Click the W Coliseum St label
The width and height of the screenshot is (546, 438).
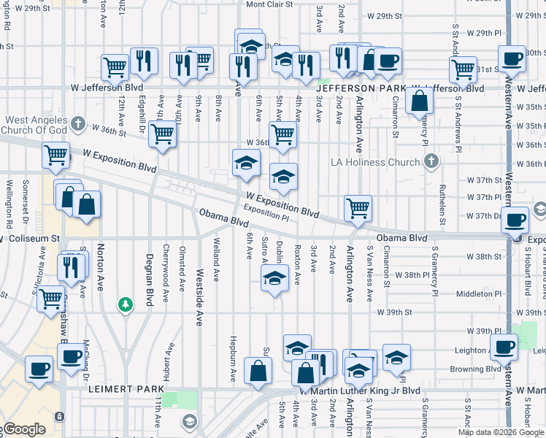pos(29,239)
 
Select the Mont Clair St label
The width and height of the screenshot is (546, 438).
pos(269,4)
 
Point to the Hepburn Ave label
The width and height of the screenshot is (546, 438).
pos(233,361)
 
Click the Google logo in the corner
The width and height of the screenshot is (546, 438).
pos(23,429)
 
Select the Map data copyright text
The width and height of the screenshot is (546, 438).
pos(500,432)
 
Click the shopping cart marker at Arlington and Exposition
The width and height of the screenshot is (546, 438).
pos(358,207)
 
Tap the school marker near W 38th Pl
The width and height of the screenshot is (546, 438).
pos(274,278)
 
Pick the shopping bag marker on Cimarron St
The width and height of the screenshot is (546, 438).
pos(420,101)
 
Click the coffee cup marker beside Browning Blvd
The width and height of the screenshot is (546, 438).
pos(504,347)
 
